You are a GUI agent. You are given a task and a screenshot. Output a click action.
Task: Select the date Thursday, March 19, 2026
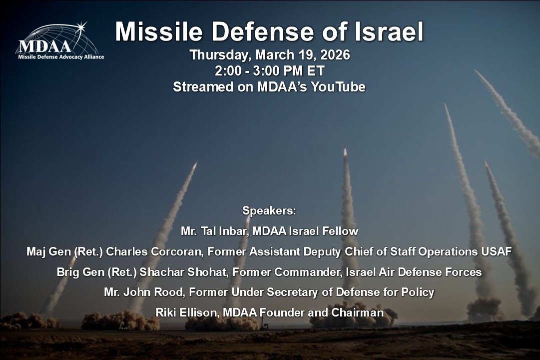click(x=269, y=54)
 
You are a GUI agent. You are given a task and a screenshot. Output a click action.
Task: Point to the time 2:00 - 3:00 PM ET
click(x=269, y=70)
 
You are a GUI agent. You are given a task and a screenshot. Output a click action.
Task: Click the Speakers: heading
click(x=269, y=210)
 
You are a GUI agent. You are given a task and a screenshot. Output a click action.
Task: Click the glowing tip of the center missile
click(x=345, y=151)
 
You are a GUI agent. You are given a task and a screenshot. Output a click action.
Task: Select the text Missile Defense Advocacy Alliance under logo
click(x=61, y=56)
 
